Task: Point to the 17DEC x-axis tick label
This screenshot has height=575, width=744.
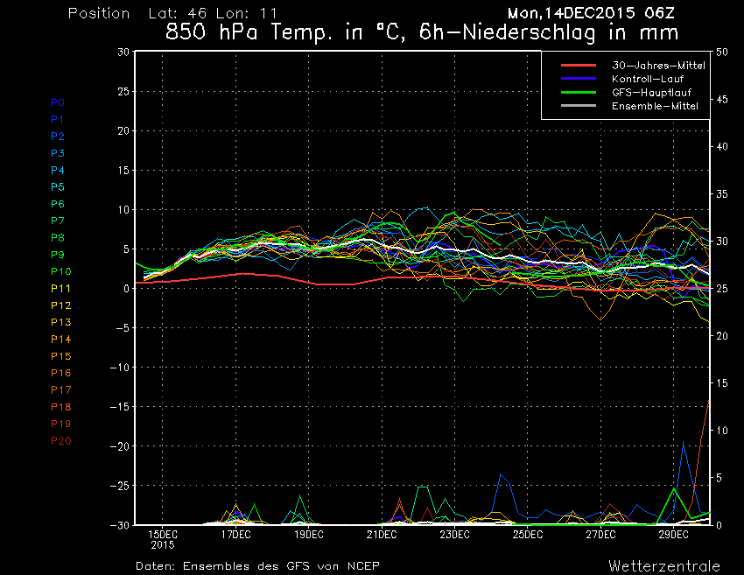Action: [235, 534]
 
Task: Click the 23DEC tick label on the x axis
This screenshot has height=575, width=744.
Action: [455, 534]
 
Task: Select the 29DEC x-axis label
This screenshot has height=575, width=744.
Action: [674, 534]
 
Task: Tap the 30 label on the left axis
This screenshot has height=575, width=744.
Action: [123, 52]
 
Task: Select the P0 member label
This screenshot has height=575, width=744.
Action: [58, 102]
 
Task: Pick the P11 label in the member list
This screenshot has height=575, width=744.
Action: [60, 288]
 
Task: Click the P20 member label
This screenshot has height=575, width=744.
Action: [60, 440]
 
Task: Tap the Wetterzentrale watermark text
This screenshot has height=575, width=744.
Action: [664, 565]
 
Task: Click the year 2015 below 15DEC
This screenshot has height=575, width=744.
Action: [163, 545]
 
